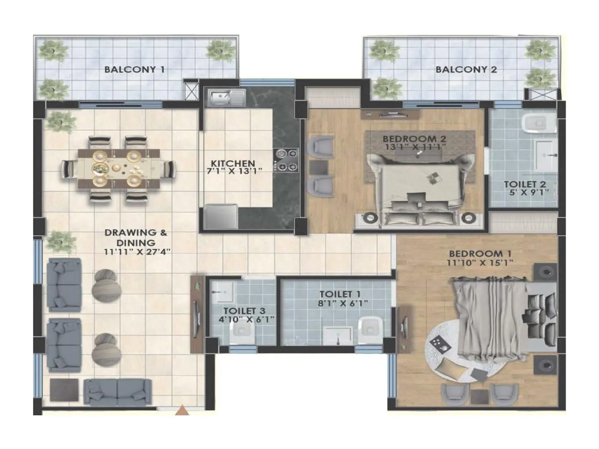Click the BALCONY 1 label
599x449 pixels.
[x=134, y=69]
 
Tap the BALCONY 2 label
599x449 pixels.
[x=466, y=69]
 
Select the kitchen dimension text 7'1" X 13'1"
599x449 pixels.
[x=234, y=171]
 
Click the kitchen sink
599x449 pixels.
[x=221, y=98]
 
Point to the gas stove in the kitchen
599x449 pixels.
[x=286, y=160]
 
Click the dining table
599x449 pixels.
[x=119, y=168]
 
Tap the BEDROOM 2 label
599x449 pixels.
[x=414, y=139]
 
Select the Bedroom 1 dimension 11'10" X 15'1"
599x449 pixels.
[x=480, y=263]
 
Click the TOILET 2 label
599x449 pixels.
[x=524, y=184]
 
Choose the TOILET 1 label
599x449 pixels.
[x=340, y=294]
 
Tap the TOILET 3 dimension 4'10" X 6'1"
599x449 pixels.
[x=246, y=320]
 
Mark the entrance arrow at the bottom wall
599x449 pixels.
[x=182, y=410]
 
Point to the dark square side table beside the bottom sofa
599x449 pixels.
[x=64, y=390]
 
